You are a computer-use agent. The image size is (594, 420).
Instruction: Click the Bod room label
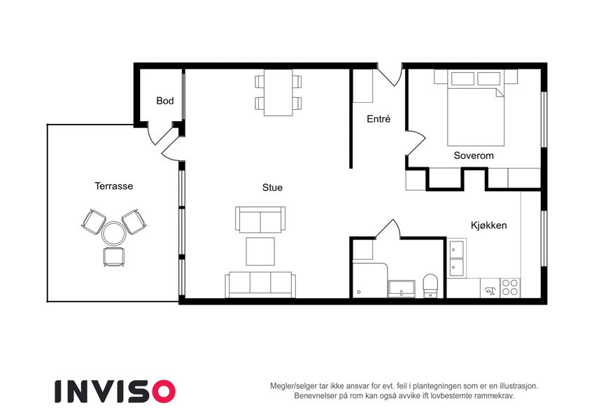pos(165,101)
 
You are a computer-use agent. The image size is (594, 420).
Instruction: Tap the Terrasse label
pos(113,186)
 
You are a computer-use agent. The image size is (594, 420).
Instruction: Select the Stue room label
pos(272,188)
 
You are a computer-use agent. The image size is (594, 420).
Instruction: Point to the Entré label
pos(379,119)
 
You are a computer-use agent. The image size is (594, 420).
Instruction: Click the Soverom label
pos(474,155)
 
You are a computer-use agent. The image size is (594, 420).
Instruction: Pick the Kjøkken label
pos(488,225)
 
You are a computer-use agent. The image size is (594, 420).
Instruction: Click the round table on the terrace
pos(113,234)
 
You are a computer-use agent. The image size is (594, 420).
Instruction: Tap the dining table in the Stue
pos(278,92)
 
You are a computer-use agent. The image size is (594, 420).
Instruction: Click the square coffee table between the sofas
pos(260,251)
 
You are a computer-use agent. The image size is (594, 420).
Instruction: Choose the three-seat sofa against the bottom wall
pos(260,285)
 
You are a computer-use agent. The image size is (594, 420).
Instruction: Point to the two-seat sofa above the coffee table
pos(260,220)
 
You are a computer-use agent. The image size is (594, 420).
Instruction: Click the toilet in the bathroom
pos(430,286)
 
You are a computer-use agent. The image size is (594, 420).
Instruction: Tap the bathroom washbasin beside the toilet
pos(402,288)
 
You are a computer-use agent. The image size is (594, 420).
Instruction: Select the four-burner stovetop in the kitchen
pos(510,288)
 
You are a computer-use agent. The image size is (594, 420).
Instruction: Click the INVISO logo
pos(115,391)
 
